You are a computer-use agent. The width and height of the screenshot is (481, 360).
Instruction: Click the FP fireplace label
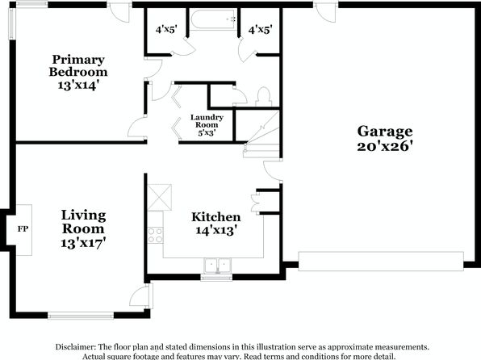click(23, 229)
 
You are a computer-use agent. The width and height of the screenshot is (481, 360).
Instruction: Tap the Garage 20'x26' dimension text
click(384, 146)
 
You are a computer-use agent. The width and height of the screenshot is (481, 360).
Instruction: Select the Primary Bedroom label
click(78, 65)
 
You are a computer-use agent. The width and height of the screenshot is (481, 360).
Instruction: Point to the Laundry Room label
click(207, 121)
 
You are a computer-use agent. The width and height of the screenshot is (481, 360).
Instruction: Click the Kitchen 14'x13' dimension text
click(216, 230)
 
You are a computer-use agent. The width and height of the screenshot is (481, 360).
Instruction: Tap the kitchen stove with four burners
click(155, 235)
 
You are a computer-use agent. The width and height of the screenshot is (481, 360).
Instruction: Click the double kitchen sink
click(217, 266)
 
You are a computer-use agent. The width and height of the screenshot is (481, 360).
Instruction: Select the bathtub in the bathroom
click(213, 19)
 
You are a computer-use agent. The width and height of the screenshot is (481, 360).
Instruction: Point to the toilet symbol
click(264, 96)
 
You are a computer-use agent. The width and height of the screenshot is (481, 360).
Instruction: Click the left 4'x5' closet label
click(166, 30)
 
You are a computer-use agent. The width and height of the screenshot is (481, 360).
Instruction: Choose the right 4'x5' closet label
click(261, 30)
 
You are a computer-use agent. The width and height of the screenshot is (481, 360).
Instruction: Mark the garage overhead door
click(381, 262)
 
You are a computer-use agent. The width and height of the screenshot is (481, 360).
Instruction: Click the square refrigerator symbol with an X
click(160, 197)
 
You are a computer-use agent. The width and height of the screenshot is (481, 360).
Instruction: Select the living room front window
click(81, 316)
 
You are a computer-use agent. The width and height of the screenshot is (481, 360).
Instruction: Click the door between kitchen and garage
click(273, 171)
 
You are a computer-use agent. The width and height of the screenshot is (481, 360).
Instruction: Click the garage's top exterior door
click(326, 12)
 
